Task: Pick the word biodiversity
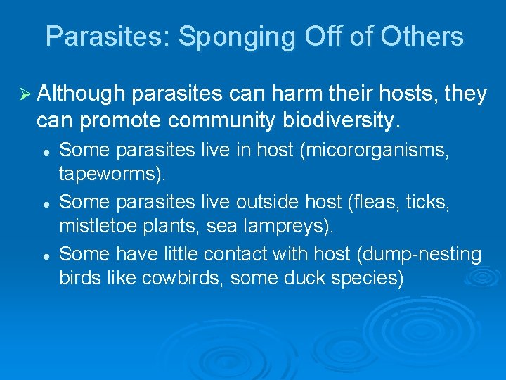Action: tap(339, 121)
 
